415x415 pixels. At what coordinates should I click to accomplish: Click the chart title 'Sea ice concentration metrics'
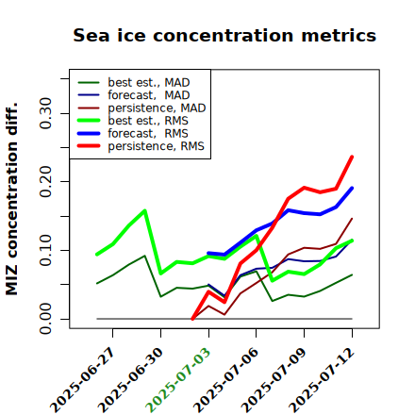tap(224, 35)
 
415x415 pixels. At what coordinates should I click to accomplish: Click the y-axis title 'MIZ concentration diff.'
tap(11, 199)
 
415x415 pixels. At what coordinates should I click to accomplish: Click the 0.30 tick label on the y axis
tap(45, 113)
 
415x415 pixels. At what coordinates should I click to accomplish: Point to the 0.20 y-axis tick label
tap(45, 181)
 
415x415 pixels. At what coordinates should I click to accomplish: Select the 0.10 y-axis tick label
tap(45, 250)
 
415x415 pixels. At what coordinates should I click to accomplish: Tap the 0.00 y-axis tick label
tap(45, 319)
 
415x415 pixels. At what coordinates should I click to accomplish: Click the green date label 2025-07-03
tap(178, 380)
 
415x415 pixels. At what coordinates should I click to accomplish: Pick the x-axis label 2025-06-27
tap(82, 380)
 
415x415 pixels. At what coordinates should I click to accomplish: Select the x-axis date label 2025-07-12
tap(322, 380)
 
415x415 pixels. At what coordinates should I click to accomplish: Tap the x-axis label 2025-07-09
tap(274, 380)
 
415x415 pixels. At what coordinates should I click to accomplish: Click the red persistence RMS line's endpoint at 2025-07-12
tap(352, 157)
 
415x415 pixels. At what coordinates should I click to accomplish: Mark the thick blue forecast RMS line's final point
tap(352, 188)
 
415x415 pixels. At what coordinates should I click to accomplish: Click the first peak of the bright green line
tap(144, 210)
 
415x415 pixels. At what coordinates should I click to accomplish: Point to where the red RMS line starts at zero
tap(192, 319)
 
